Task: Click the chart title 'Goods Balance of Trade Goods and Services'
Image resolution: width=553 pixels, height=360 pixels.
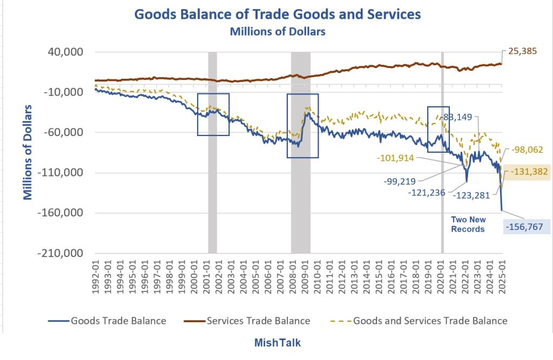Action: pos(278,14)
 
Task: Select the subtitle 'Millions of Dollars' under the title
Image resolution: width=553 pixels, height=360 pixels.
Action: pos(278,31)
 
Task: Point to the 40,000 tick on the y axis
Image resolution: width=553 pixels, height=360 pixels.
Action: pos(64,52)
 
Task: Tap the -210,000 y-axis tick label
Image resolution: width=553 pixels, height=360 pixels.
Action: pos(60,253)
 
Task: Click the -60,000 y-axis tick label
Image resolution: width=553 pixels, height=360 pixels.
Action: pos(63,133)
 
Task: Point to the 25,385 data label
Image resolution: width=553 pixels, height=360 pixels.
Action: pos(522,53)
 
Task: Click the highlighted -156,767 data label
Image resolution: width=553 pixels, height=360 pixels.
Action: pos(523,227)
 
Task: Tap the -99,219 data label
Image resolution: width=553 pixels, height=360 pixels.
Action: pos(400,181)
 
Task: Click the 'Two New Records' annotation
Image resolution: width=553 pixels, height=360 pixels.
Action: pos(469,224)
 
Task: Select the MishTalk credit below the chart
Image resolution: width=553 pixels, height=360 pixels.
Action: pos(278,343)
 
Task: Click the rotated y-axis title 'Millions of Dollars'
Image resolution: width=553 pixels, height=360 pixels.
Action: pos(28,152)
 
